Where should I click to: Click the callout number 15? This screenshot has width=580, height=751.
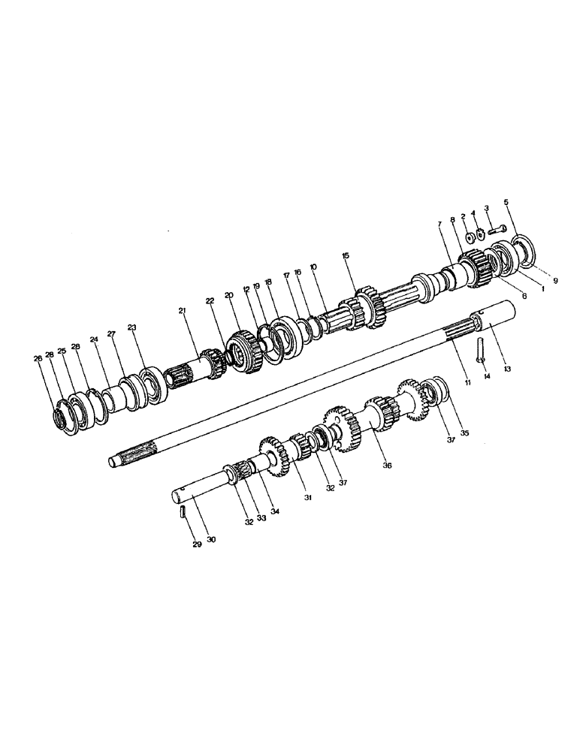(x=346, y=256)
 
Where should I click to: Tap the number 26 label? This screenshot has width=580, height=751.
(x=38, y=358)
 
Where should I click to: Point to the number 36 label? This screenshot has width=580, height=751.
(x=388, y=465)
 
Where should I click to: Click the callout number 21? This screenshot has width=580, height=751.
(x=182, y=310)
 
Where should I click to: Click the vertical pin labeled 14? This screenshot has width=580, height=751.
(x=479, y=350)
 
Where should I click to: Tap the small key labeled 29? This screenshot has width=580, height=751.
(x=183, y=513)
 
